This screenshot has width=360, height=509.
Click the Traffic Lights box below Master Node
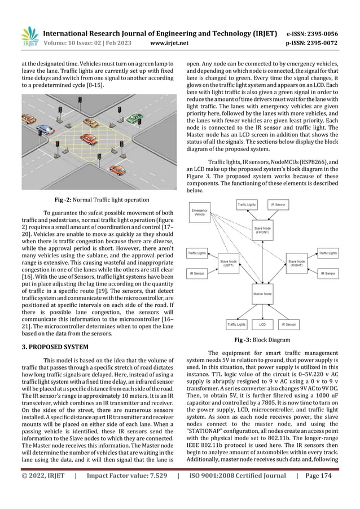(x=236, y=325)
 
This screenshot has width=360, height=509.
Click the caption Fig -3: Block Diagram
(x=262, y=341)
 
